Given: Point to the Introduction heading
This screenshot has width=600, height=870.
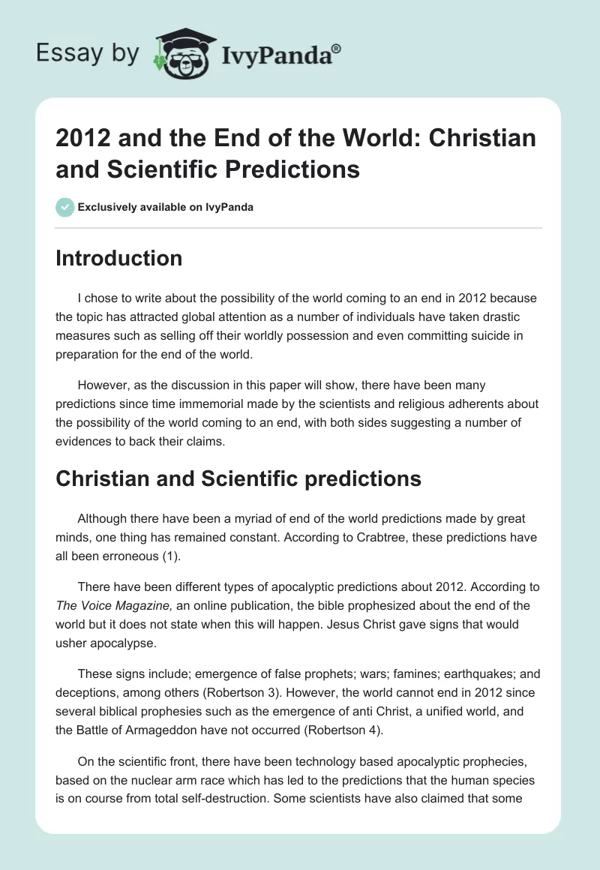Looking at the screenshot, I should tap(119, 259).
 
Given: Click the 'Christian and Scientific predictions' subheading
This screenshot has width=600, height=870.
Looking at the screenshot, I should tap(238, 479).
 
